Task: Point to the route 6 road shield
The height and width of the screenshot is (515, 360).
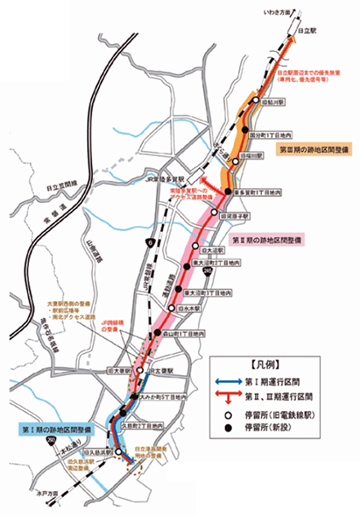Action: click(150, 243)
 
